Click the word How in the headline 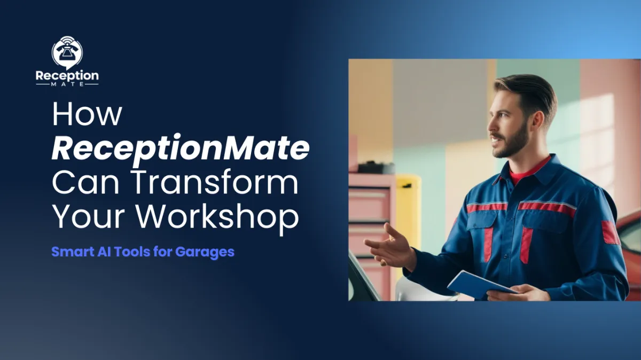(88, 115)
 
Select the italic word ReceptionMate (181, 149)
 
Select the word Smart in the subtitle (68, 252)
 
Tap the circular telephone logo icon (67, 52)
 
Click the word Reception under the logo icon (67, 76)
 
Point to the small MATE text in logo (67, 85)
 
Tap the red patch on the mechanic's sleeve (611, 233)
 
